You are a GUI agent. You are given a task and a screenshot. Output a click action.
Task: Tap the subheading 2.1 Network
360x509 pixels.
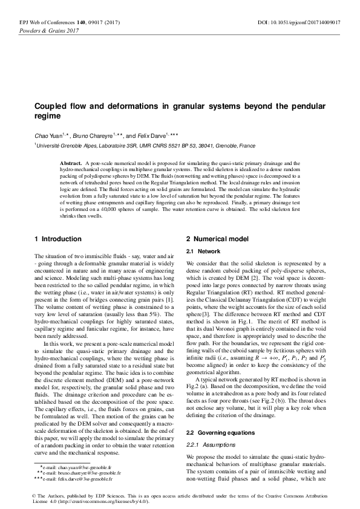click(203, 251)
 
